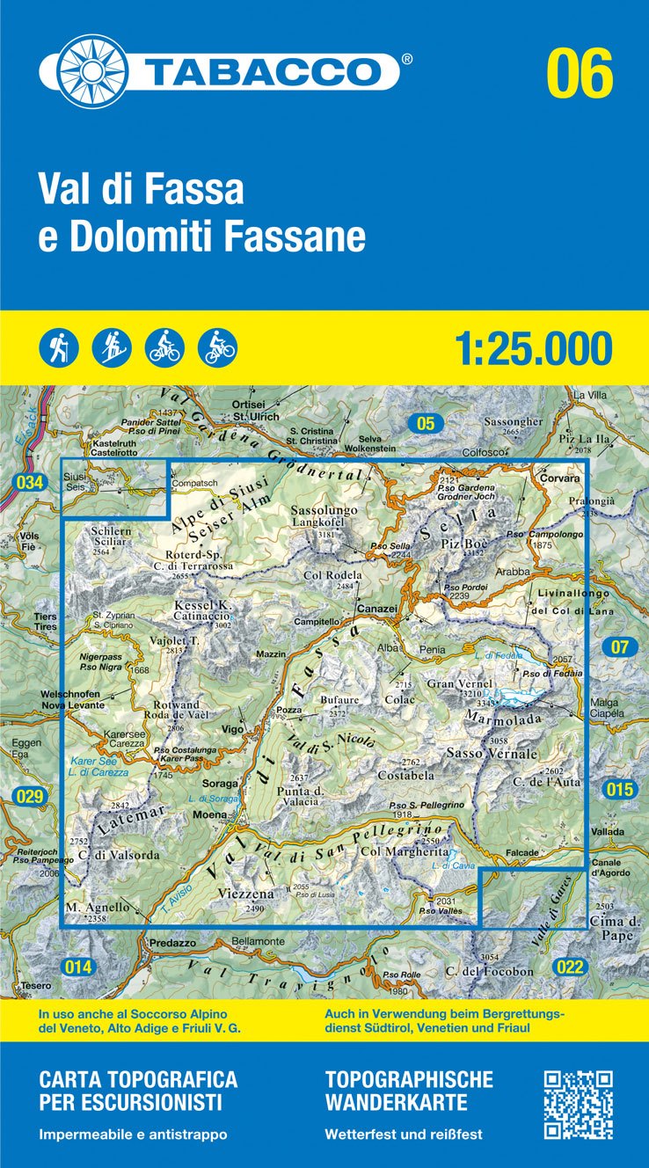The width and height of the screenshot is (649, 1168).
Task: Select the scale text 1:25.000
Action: (x=534, y=348)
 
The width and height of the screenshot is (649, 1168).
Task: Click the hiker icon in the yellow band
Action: (x=59, y=347)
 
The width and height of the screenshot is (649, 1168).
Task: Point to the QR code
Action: (x=578, y=1104)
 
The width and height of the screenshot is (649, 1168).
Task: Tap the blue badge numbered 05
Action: (x=426, y=424)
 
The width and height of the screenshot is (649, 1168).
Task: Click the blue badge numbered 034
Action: (x=29, y=482)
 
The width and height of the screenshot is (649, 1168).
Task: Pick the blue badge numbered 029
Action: (x=29, y=798)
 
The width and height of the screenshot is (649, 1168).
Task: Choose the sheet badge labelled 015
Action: (x=619, y=789)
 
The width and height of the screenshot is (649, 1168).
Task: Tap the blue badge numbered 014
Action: (x=77, y=967)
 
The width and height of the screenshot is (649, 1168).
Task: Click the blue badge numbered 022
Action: (x=570, y=967)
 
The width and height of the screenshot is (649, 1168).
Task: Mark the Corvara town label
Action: (x=560, y=480)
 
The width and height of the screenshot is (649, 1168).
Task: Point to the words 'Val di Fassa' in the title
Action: (x=141, y=189)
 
